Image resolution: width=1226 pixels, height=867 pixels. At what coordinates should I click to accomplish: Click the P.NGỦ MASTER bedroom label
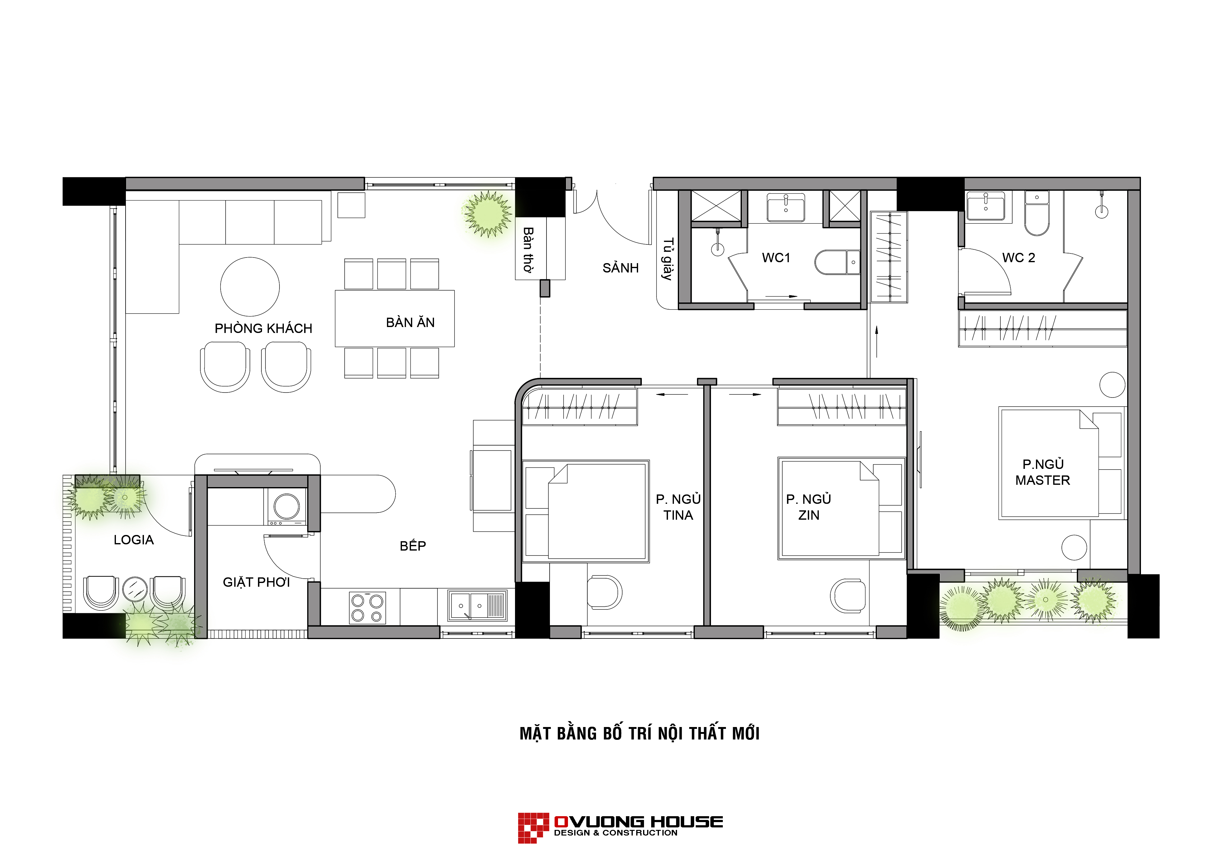[x=1042, y=472]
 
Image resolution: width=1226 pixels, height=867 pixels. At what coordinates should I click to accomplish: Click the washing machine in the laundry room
[x=286, y=506]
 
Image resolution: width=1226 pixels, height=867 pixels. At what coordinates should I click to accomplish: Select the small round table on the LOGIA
[x=135, y=589]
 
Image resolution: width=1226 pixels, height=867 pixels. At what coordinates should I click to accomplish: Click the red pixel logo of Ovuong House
[x=533, y=828]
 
